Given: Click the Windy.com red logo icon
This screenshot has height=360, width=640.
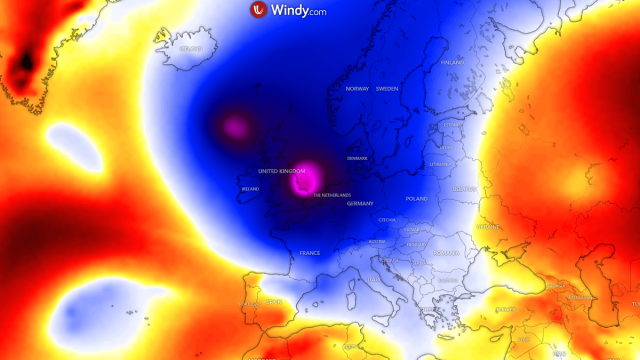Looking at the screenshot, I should coord(258,11).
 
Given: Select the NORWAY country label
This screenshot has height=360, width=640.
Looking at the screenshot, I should coord(357,89).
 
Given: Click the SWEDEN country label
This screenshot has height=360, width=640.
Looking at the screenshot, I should coord(387,89).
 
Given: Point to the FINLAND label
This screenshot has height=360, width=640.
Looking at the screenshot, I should coord(452,62).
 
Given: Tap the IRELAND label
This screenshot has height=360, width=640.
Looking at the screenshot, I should coord(250,189).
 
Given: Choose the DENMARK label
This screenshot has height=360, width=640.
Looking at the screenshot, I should coord(357,158).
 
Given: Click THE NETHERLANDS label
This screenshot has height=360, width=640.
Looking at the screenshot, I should coord(332,195).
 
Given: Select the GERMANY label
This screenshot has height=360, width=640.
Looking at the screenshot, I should coord(360,203).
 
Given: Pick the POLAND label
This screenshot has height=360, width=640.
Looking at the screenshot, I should coord(416,199).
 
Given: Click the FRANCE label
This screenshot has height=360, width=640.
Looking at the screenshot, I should coord(310,253).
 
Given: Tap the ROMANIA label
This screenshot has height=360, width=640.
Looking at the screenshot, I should coord(447,253).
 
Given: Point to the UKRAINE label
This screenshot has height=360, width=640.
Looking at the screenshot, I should coord(489,227).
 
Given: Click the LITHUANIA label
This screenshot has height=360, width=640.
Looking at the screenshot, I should coord(440,164).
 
